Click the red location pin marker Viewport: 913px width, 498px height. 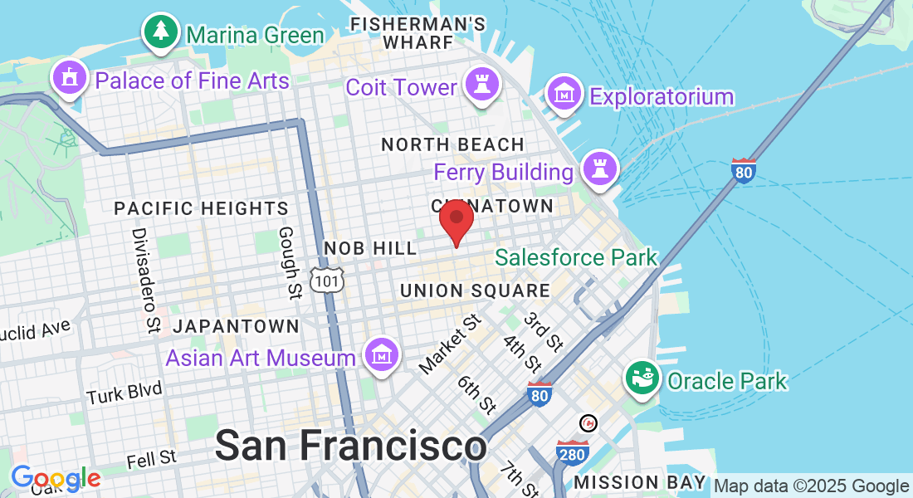[x=456, y=219]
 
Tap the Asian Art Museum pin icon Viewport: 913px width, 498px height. [x=381, y=355]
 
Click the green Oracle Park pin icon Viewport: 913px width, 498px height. [x=643, y=378]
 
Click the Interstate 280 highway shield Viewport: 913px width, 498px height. [x=573, y=452]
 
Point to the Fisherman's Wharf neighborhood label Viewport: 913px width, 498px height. [x=405, y=32]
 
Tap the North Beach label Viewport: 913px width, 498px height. [x=452, y=144]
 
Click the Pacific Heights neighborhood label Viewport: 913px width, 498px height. [x=202, y=208]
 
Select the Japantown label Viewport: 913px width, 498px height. [x=237, y=326]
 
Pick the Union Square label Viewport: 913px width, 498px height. [x=475, y=290]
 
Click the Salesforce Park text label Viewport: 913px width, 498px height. [x=576, y=257]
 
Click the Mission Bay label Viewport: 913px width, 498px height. [x=640, y=481]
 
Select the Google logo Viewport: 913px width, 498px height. [x=56, y=478]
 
